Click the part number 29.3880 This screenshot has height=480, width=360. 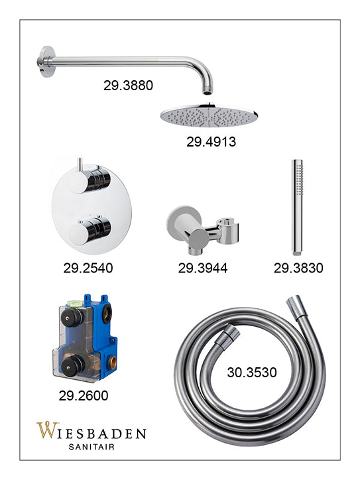point(128,86)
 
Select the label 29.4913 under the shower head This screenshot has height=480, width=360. point(211,142)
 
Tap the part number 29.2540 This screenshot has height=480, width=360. point(88,268)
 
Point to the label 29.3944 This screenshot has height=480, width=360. point(203,268)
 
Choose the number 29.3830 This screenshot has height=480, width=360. point(298,268)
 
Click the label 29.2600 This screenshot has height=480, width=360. point(84,396)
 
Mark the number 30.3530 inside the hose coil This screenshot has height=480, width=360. point(252,373)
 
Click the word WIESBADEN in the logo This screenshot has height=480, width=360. point(91,431)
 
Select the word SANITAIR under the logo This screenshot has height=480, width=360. point(91,447)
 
